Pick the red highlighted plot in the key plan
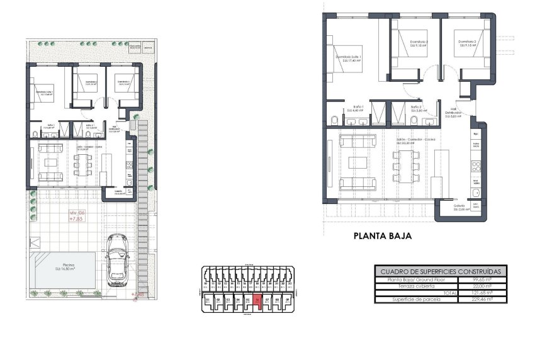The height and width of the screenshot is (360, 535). (258, 301)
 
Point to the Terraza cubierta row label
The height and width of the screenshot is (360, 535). (407, 286)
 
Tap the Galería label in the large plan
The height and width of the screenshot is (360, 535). (459, 207)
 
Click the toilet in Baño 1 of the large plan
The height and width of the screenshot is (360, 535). (334, 120)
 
